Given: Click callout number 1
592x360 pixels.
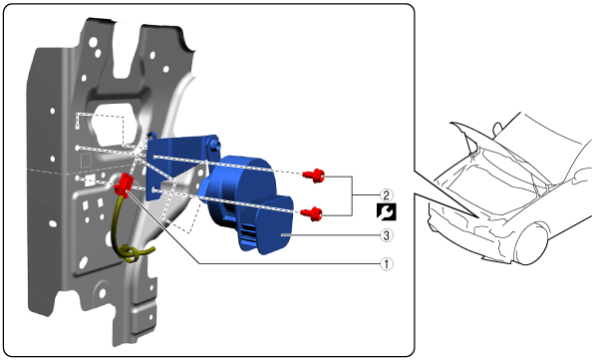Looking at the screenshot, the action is tap(386, 263).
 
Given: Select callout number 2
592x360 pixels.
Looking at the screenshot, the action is tap(386, 195).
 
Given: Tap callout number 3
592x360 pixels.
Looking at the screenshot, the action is tap(386, 235).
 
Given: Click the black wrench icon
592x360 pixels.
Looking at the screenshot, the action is tap(387, 212).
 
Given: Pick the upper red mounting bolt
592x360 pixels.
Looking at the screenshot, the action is tap(314, 176).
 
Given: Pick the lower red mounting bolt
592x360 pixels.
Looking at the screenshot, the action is tap(312, 214).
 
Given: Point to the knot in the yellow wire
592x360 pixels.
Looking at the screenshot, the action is tap(129, 252).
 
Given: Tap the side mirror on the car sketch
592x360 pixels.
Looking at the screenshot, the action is tap(497, 129).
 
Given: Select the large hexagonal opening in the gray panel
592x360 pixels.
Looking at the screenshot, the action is tap(113, 124).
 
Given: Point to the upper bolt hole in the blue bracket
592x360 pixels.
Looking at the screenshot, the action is tap(155, 157).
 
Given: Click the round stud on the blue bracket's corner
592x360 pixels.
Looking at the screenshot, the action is tap(214, 144).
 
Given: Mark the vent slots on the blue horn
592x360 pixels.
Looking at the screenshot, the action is tap(247, 232).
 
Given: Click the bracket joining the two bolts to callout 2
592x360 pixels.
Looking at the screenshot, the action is tap(352, 195).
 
